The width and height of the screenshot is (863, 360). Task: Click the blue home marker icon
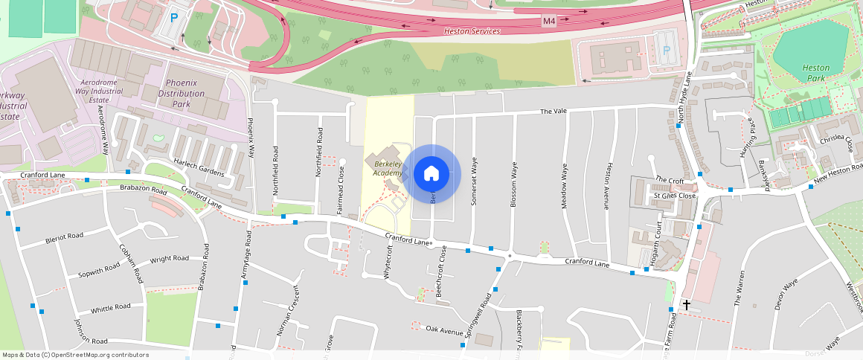click(x=431, y=174)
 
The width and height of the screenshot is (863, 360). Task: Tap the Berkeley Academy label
click(x=387, y=168)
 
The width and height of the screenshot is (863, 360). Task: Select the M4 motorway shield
click(x=548, y=21)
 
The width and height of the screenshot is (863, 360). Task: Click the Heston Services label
click(x=472, y=31)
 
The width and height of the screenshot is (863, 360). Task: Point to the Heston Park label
click(x=815, y=73)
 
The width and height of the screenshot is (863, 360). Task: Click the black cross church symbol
click(x=686, y=304)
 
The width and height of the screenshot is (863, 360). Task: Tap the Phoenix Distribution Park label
click(x=176, y=94)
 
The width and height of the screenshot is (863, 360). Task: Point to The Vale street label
click(x=554, y=111)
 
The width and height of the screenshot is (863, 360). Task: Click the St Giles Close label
click(x=673, y=196)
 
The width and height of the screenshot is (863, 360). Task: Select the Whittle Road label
click(x=110, y=308)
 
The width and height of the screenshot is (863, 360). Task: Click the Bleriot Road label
click(x=64, y=237)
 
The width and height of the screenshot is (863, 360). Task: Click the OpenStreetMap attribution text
click(x=74, y=355)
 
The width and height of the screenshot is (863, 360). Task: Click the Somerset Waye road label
click(x=474, y=181)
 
